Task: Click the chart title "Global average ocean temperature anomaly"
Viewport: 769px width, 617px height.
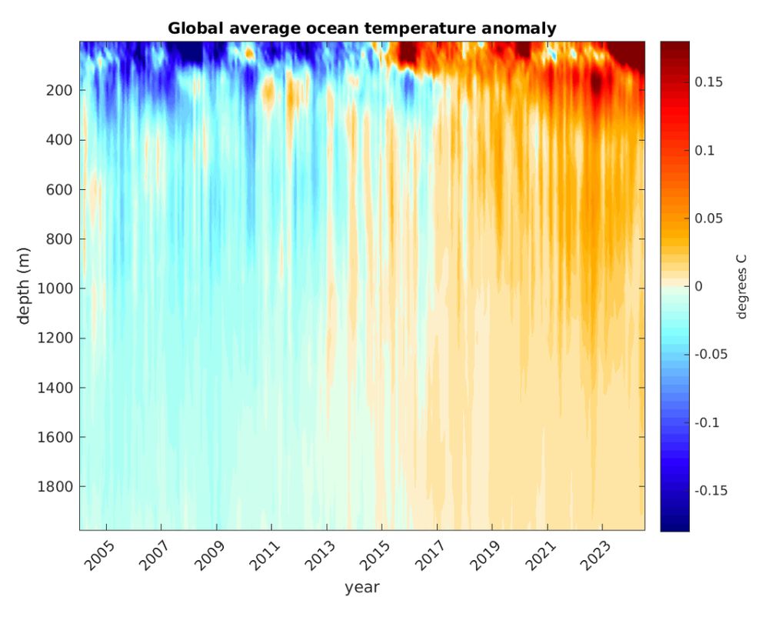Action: tap(361, 29)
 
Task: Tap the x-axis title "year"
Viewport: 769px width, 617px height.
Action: tap(361, 588)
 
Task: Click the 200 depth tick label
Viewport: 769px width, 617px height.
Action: tap(59, 90)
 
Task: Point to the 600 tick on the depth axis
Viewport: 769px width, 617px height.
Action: tap(59, 189)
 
